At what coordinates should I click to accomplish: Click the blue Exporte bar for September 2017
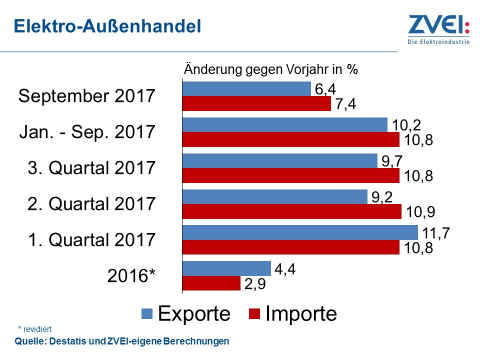(246, 89)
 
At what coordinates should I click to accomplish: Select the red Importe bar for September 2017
(256, 104)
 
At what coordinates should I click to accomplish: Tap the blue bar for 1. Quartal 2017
(300, 232)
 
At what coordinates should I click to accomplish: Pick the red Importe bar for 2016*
(211, 283)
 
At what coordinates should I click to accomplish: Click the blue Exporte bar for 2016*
(226, 268)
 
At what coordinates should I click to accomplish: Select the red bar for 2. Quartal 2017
(291, 211)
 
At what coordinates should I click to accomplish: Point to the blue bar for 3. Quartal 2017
(279, 160)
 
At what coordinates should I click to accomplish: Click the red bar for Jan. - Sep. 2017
(290, 139)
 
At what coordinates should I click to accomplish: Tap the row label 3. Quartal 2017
(91, 167)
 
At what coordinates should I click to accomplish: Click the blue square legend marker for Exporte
(147, 313)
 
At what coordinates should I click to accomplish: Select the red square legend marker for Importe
(254, 313)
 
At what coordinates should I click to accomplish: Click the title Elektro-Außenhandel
(107, 26)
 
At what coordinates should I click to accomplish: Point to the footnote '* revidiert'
(34, 329)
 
